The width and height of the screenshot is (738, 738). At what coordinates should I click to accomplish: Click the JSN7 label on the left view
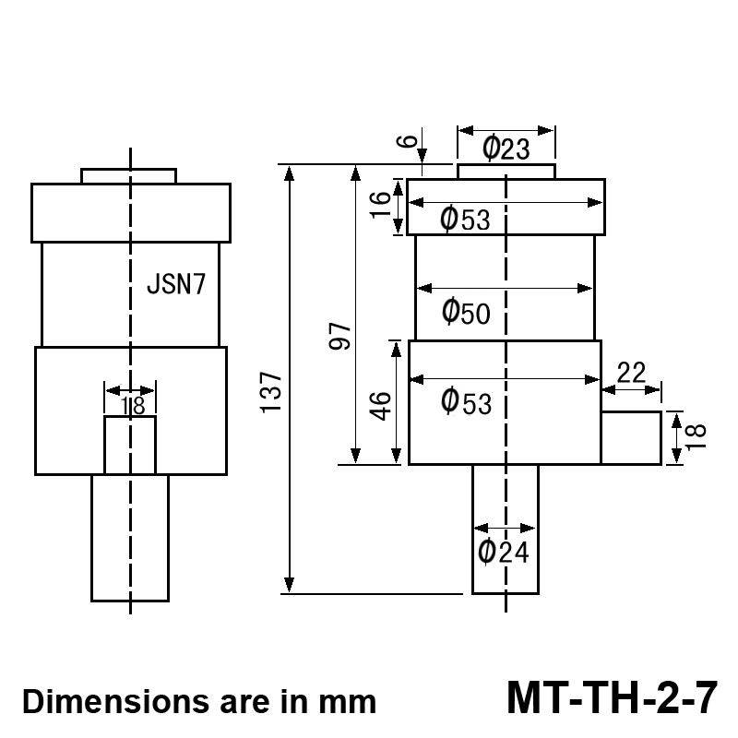coord(183,284)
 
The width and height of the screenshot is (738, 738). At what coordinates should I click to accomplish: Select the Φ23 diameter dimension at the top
coord(506,148)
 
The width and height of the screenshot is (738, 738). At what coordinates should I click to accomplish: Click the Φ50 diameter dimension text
coord(466,313)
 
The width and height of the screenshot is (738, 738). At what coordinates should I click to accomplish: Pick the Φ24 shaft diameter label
coord(505,552)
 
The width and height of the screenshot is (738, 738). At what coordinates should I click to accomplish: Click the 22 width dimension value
coord(631,373)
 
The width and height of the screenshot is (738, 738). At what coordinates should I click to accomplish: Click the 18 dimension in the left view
coord(131,404)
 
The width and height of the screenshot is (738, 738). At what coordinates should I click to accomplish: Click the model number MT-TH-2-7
coord(611,697)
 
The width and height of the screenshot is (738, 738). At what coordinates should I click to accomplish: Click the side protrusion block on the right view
coord(631,438)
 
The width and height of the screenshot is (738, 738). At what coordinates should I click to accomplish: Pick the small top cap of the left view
coord(128,176)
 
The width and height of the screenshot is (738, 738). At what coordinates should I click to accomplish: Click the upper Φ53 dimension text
coord(466,220)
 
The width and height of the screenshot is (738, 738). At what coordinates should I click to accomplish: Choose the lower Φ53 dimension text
coord(466,401)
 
